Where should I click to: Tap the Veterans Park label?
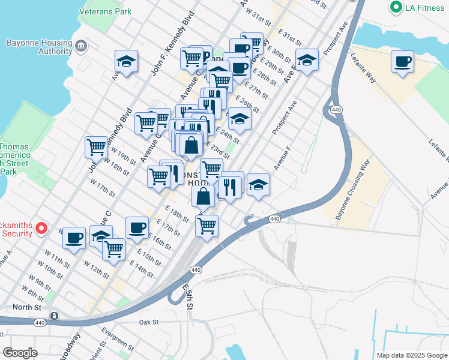[x=106, y=11]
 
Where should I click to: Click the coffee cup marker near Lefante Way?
[x=402, y=61]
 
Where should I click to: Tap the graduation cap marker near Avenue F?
[x=258, y=184]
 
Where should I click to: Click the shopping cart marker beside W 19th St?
[x=96, y=146]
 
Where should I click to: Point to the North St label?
[x=29, y=307]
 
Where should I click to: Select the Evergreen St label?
[x=118, y=338]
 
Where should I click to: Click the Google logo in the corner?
[x=20, y=353]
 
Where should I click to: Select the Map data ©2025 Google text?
[x=411, y=355]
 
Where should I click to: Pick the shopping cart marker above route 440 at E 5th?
[x=206, y=226]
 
